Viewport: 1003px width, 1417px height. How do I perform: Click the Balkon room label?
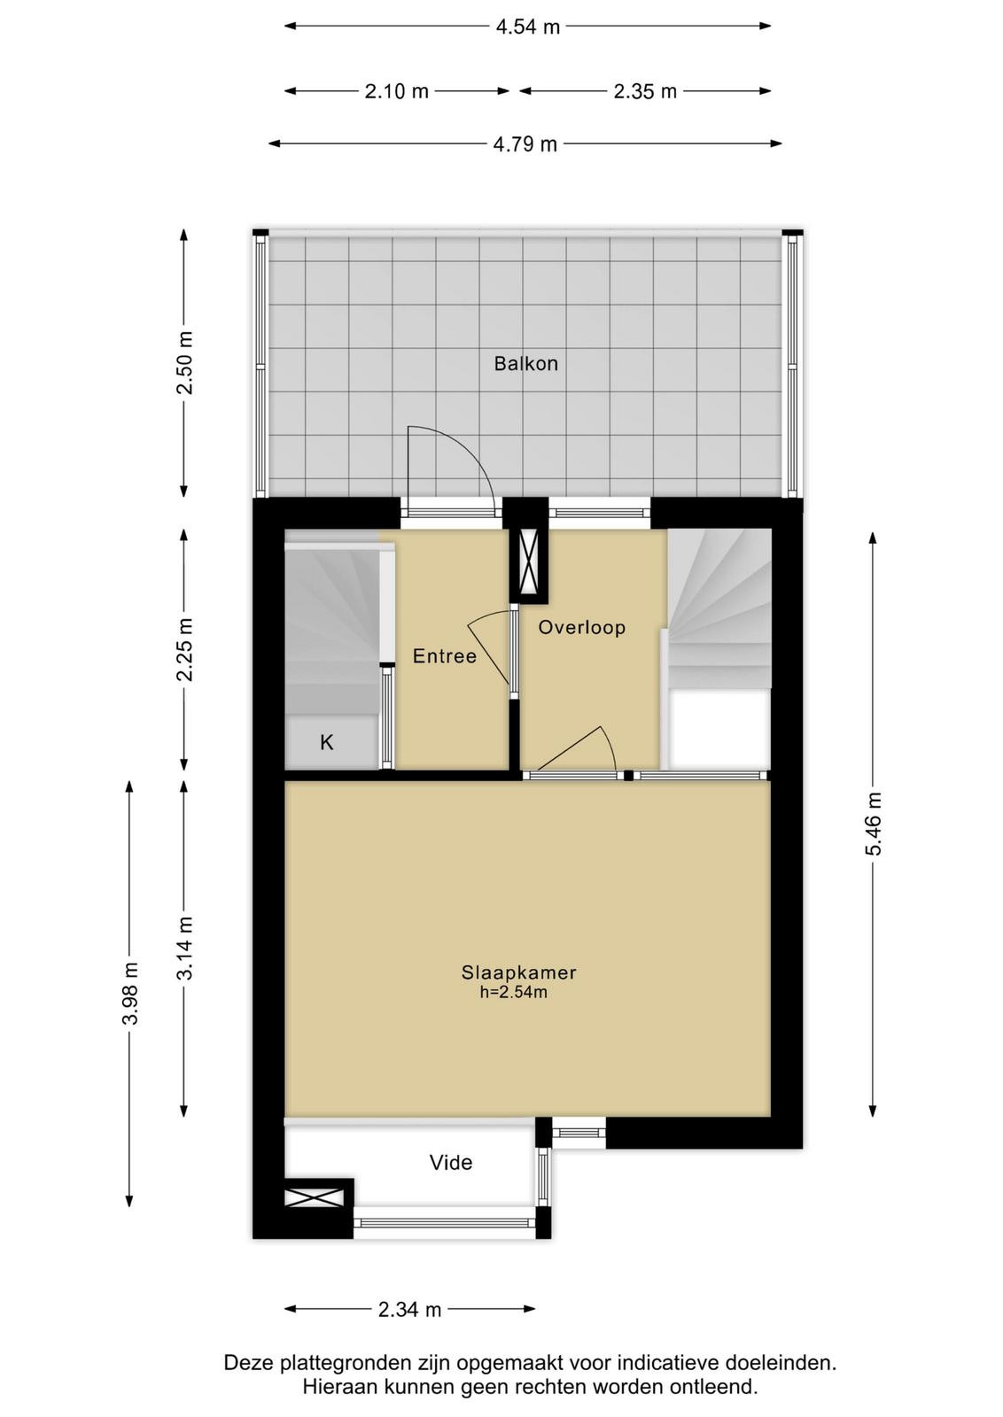click(x=525, y=364)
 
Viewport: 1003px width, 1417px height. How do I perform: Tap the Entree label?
click(x=444, y=656)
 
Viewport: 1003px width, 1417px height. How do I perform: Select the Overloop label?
click(x=581, y=628)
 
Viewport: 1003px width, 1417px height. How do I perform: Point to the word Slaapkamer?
click(x=518, y=972)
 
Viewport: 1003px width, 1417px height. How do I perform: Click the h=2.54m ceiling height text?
click(x=513, y=992)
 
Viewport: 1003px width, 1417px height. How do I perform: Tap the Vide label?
click(x=451, y=1163)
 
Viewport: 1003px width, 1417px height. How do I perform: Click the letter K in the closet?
click(x=327, y=742)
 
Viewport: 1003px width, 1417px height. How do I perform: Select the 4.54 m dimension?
click(x=528, y=27)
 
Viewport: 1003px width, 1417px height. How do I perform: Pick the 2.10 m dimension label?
click(x=397, y=92)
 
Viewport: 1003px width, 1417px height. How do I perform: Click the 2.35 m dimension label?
click(x=645, y=92)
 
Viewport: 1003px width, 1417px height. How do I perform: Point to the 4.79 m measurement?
click(x=525, y=145)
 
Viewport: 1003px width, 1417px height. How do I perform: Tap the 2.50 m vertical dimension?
click(x=184, y=362)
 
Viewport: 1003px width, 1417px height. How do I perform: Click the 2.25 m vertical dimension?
click(x=184, y=650)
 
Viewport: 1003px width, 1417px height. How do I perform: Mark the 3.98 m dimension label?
click(x=130, y=993)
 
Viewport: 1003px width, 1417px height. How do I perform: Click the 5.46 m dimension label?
click(x=874, y=825)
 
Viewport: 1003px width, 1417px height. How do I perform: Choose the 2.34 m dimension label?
click(x=409, y=1310)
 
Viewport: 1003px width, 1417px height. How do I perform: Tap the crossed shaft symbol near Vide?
click(x=314, y=1197)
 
